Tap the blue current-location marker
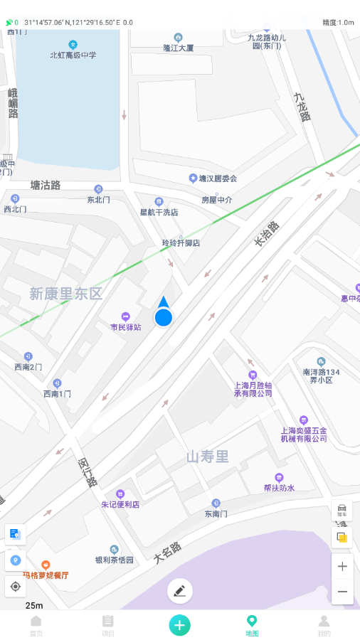click(x=164, y=316)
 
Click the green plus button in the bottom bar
click(x=179, y=624)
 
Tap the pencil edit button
click(x=179, y=590)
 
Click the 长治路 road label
click(x=268, y=234)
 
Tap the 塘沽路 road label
click(x=46, y=185)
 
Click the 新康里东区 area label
click(x=66, y=294)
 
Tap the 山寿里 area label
click(x=208, y=457)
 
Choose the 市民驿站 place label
click(x=126, y=327)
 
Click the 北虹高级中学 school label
click(x=73, y=55)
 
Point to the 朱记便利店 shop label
click(x=120, y=504)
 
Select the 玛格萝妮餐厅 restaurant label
click(x=46, y=575)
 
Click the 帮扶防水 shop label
click(x=279, y=488)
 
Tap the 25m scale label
click(x=34, y=605)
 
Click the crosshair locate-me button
click(x=16, y=587)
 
